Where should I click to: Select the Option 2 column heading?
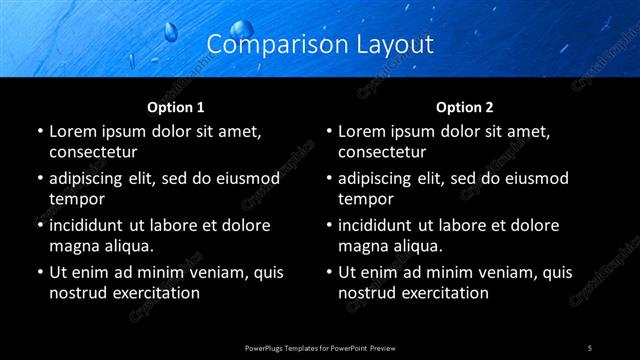pos(465,107)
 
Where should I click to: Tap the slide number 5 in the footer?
pos(590,348)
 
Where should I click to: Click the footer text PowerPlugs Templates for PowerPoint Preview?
pos(319,348)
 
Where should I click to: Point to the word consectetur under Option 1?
pos(92,152)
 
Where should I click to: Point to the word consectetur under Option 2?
pos(382,152)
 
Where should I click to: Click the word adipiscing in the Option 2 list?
pos(384,178)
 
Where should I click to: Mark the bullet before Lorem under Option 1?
pos(39,131)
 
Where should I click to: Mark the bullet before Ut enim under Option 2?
pos(329,272)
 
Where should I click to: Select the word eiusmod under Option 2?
pos(533,178)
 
